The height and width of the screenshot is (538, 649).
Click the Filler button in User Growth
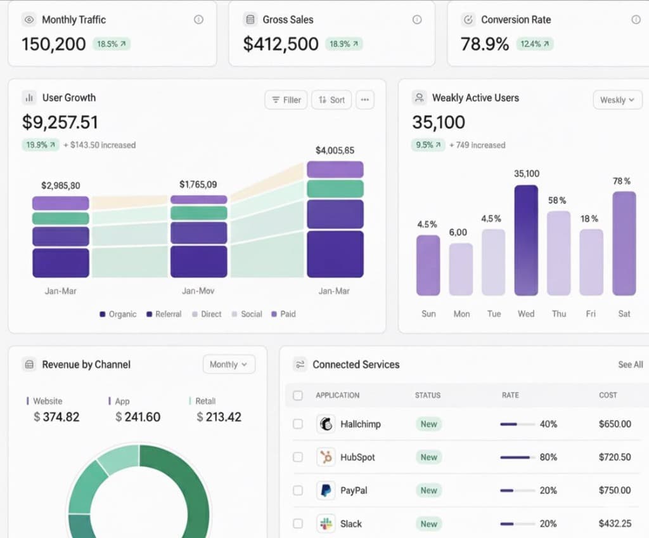coord(286,100)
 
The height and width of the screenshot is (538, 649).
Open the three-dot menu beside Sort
coord(364,100)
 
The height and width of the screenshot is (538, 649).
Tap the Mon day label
coord(461,313)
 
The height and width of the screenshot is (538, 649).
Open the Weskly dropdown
coord(617,100)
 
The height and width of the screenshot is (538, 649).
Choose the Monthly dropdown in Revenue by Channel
coord(228,364)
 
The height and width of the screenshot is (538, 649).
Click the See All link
coord(630,364)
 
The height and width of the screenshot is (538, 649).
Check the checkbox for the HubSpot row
coord(298,457)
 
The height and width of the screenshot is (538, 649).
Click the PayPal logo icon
coord(326,490)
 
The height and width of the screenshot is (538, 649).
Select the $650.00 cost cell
coord(615,424)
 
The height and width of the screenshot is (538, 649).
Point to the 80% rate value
coord(548,457)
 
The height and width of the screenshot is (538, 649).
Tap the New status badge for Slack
coord(429,523)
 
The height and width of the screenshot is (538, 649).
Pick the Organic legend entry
coord(118,314)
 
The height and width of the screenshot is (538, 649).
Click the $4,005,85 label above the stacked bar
coord(335,150)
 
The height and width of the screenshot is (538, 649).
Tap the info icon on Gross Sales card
coord(416,20)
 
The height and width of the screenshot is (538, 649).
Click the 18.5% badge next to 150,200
coord(112,44)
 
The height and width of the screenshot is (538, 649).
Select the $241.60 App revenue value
coord(138,417)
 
